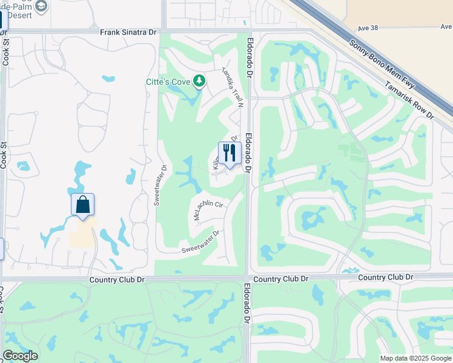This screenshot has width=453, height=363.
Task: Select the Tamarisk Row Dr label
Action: [409, 99]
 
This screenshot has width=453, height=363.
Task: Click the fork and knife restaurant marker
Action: [230, 153]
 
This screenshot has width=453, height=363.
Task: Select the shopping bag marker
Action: [83, 205]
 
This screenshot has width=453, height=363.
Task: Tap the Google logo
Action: [20, 356]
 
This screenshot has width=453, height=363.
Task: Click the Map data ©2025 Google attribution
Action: [415, 358]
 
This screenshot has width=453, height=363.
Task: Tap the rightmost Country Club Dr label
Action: [385, 277]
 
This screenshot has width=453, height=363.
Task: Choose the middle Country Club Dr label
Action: [281, 279]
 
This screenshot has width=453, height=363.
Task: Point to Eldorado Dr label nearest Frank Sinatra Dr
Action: [248, 57]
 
